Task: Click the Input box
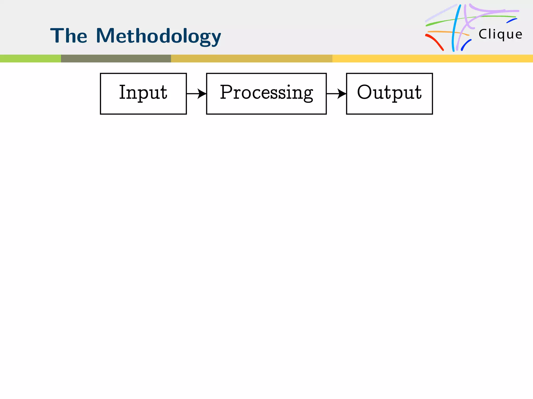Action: [143, 94]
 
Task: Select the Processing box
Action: [266, 94]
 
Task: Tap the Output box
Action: [389, 94]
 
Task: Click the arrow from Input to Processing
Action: [196, 94]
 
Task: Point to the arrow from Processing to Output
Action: [336, 94]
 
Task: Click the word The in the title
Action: [69, 36]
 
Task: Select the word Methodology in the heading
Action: [158, 36]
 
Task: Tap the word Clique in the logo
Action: [500, 35]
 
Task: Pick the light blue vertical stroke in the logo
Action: [455, 29]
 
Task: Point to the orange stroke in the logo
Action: [448, 32]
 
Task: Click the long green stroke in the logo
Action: [468, 18]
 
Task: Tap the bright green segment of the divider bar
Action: [30, 58]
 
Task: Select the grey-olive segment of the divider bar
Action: [116, 58]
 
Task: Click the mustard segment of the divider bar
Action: [251, 58]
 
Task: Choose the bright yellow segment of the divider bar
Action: [433, 58]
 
